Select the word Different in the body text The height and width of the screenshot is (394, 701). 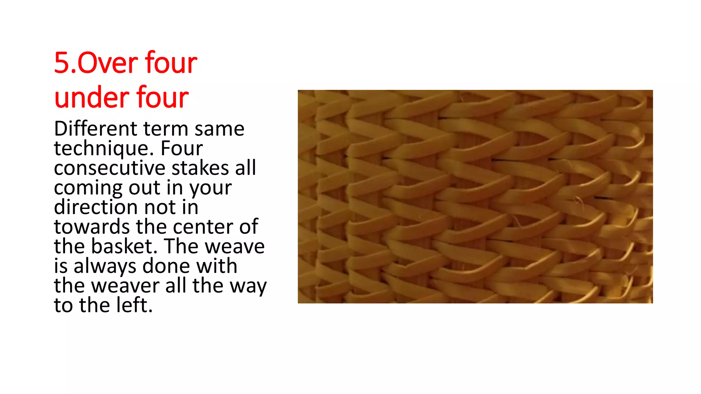(x=95, y=129)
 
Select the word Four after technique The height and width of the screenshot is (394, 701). (x=182, y=149)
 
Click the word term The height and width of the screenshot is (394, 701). (x=166, y=129)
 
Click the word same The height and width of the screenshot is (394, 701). (x=219, y=129)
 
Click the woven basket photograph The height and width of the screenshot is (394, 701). (x=475, y=196)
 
